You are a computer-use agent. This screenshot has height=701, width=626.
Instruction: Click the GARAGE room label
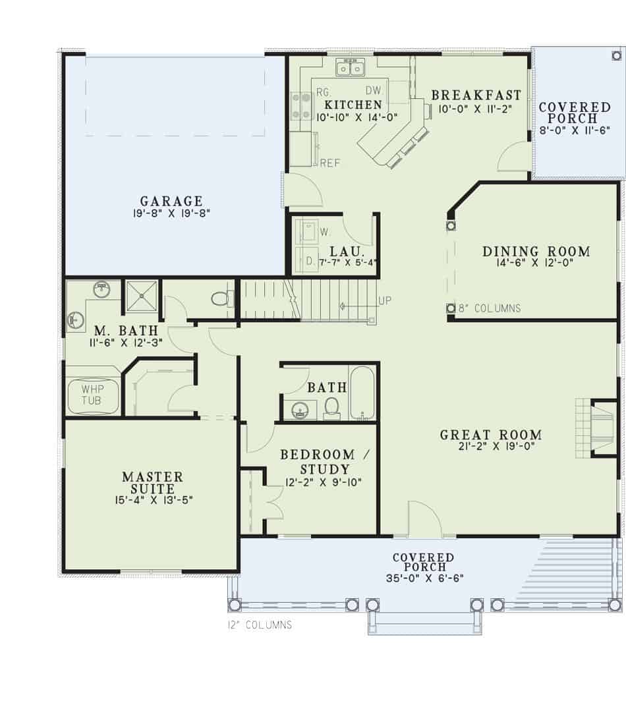pyautogui.click(x=171, y=201)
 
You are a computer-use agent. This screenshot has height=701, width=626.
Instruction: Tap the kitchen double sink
pyautogui.click(x=351, y=67)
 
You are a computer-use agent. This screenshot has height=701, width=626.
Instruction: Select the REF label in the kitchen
pyautogui.click(x=330, y=163)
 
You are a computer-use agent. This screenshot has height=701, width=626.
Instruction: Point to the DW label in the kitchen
pyautogui.click(x=374, y=90)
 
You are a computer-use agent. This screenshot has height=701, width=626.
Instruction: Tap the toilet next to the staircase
pyautogui.click(x=223, y=298)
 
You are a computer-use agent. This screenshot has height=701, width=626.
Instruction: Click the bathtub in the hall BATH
pyautogui.click(x=362, y=393)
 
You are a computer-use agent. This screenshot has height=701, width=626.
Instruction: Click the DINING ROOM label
pyautogui.click(x=536, y=251)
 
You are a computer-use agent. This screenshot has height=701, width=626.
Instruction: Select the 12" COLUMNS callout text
pyautogui.click(x=256, y=625)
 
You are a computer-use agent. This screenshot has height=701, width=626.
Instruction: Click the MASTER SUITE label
pyautogui.click(x=152, y=482)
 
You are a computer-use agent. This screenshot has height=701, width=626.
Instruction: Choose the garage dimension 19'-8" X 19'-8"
pyautogui.click(x=171, y=213)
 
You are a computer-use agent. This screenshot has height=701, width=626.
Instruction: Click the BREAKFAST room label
pyautogui.click(x=476, y=96)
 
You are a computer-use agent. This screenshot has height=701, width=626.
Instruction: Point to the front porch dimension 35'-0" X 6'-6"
pyautogui.click(x=423, y=578)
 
